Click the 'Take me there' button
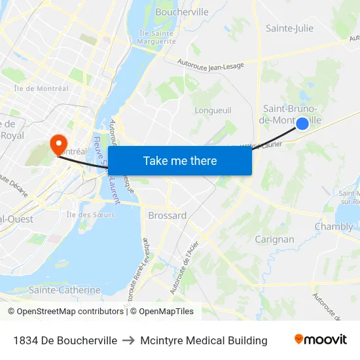tap(180, 160)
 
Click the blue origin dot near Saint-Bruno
tap(302, 124)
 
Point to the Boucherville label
tap(182, 12)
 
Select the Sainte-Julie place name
tap(289, 28)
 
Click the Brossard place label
tap(167, 215)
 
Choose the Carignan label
tap(274, 240)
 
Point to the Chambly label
tap(334, 227)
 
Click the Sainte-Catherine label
tap(65, 290)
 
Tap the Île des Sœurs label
tap(90, 215)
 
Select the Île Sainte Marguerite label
tap(156, 37)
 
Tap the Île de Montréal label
tap(41, 88)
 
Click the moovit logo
tap(320, 340)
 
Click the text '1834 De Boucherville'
tap(65, 340)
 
